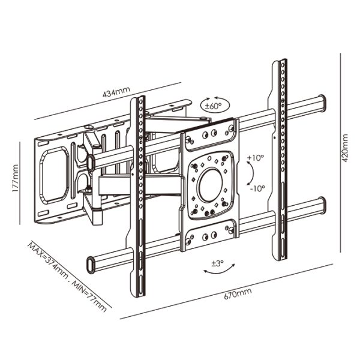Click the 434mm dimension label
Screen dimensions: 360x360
(x=116, y=92)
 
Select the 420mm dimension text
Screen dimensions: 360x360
(x=346, y=148)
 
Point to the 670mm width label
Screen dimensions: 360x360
(x=238, y=293)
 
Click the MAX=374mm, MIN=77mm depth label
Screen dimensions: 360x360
(x=67, y=277)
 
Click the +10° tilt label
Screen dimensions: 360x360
(x=256, y=158)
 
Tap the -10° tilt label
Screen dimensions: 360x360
(x=257, y=188)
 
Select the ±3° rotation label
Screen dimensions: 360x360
(x=217, y=263)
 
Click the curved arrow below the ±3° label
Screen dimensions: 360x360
(x=219, y=272)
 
